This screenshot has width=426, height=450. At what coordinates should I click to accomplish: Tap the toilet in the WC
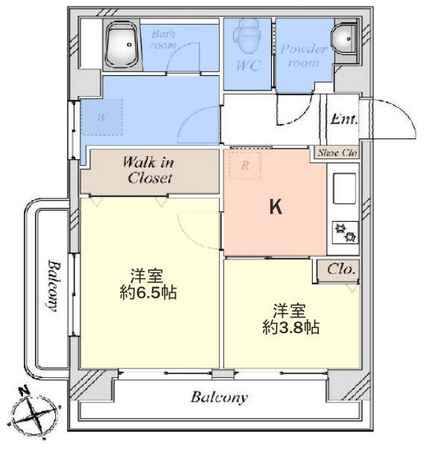click(x=245, y=36)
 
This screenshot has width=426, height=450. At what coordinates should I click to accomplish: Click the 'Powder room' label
click(x=304, y=56)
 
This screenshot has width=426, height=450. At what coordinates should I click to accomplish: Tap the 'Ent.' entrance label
click(x=344, y=119)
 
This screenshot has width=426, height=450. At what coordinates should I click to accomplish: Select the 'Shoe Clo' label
click(x=338, y=152)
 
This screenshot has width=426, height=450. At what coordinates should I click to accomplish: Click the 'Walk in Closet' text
click(x=149, y=170)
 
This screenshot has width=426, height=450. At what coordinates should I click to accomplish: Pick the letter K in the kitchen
click(x=275, y=209)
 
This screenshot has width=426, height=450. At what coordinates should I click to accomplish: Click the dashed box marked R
click(x=245, y=166)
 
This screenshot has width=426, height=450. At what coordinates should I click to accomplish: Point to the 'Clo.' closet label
click(x=342, y=269)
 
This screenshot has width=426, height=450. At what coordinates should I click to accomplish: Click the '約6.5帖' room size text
click(x=148, y=292)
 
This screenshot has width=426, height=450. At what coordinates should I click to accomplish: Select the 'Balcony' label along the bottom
click(x=219, y=397)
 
